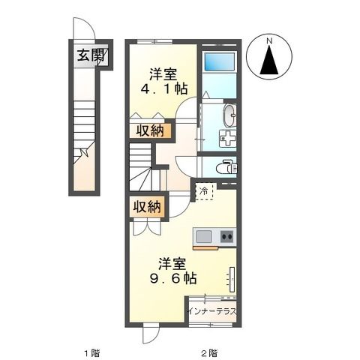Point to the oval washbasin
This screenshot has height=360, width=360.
click(229, 116)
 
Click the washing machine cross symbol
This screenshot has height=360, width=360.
click(225, 139)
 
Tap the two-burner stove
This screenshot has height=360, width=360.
click(226, 237)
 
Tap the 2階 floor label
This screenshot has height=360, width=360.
click(209, 351)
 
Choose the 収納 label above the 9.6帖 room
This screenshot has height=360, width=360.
click(147, 208)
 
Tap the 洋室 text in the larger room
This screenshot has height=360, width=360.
click(172, 263)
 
